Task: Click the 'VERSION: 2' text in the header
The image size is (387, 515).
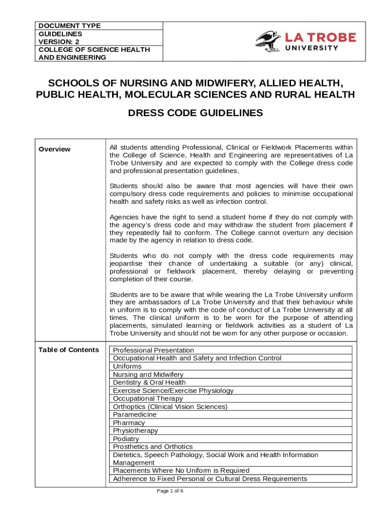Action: point(59,41)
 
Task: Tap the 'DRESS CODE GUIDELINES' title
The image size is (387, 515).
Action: point(196,113)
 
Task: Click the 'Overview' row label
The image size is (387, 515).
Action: point(55,149)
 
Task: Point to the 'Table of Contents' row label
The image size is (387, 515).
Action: point(69,350)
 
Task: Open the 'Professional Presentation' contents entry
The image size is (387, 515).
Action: point(153,350)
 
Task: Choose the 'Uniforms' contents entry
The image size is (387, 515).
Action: point(128,366)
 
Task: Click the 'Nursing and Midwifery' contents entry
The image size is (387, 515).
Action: point(148,374)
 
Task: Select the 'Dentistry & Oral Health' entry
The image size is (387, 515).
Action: point(149,382)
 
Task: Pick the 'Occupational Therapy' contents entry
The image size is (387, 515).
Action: point(148,398)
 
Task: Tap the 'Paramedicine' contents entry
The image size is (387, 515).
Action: point(135,414)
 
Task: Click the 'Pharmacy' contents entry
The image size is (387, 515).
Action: point(129,422)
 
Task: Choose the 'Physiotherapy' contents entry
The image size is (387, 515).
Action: point(135,431)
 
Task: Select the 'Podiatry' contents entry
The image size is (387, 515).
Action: point(126,439)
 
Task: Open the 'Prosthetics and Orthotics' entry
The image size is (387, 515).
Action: point(153,447)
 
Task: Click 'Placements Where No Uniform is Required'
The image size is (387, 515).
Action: point(181,471)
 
